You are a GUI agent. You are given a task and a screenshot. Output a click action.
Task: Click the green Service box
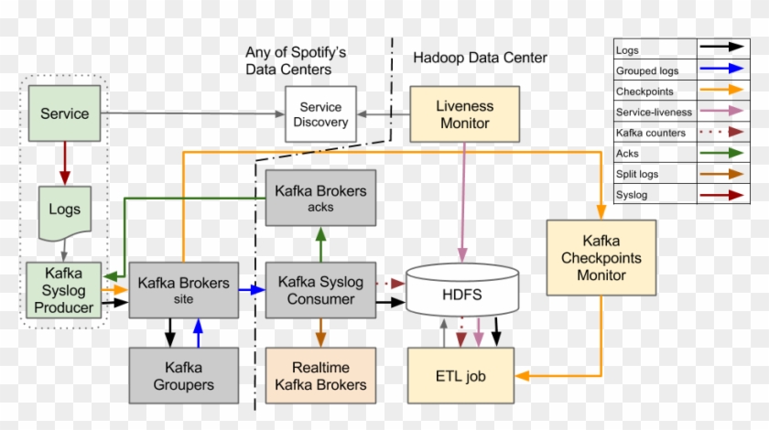[x=65, y=113]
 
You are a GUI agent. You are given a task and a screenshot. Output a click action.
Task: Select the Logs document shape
[x=65, y=210]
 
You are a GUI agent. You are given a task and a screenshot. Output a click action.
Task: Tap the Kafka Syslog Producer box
[x=63, y=290]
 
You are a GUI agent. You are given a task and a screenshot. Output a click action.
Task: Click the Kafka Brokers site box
[x=183, y=290]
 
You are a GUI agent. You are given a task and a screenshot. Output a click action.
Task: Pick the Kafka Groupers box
[x=183, y=375]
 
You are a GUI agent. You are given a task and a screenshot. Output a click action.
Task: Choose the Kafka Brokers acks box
[x=320, y=198]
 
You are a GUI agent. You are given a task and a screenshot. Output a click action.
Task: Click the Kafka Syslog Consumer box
[x=320, y=290]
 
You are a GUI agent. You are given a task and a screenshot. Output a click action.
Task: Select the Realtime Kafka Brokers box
[x=320, y=375]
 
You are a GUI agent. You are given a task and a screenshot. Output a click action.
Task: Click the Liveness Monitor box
[x=464, y=114]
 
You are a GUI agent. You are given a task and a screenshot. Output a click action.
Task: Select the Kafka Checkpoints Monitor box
[x=601, y=257]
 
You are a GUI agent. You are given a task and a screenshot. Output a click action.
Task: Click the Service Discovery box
[x=320, y=114]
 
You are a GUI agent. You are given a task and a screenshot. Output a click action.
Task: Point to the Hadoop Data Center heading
[x=480, y=58]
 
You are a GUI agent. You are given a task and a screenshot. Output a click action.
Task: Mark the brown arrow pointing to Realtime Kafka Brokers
[x=320, y=332]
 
